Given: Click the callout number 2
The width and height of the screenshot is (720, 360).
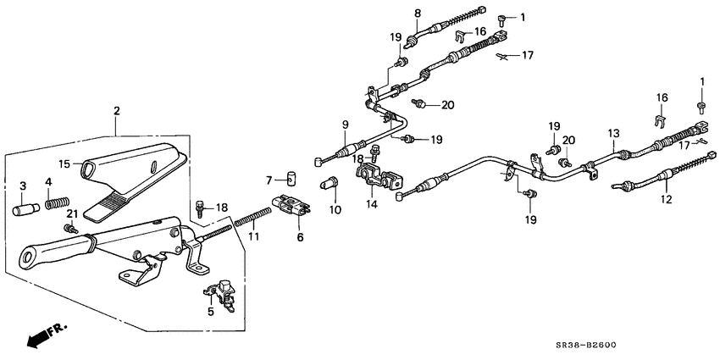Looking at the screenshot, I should coord(116,111).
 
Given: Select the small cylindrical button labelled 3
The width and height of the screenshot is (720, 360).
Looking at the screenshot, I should coord(23,209).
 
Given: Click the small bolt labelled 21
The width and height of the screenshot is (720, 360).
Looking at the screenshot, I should coord(71,229).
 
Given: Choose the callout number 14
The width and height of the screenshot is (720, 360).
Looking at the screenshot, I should coord(370,204).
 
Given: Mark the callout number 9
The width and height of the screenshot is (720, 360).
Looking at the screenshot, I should coord(345,125).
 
